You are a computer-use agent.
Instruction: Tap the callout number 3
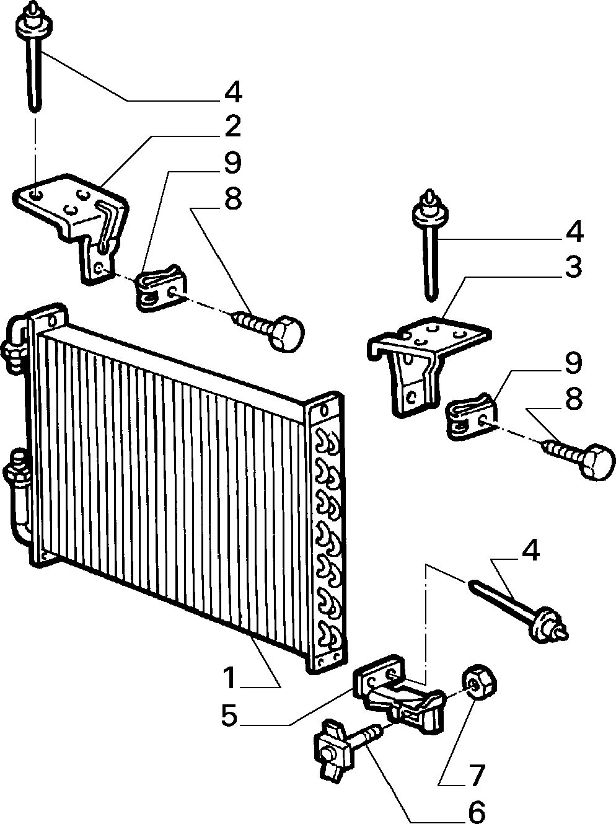(573, 267)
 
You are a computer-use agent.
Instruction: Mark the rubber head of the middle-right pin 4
(430, 212)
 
